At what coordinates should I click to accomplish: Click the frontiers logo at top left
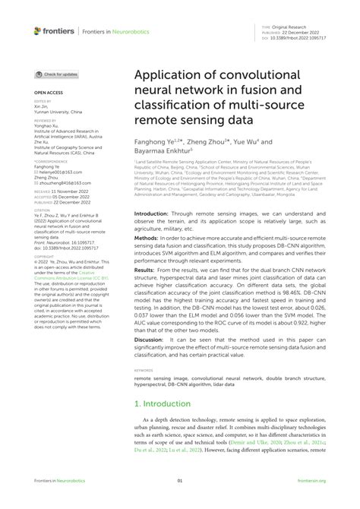pyautogui.click(x=54, y=31)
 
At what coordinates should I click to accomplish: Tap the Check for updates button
pyautogui.click(x=57, y=74)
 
